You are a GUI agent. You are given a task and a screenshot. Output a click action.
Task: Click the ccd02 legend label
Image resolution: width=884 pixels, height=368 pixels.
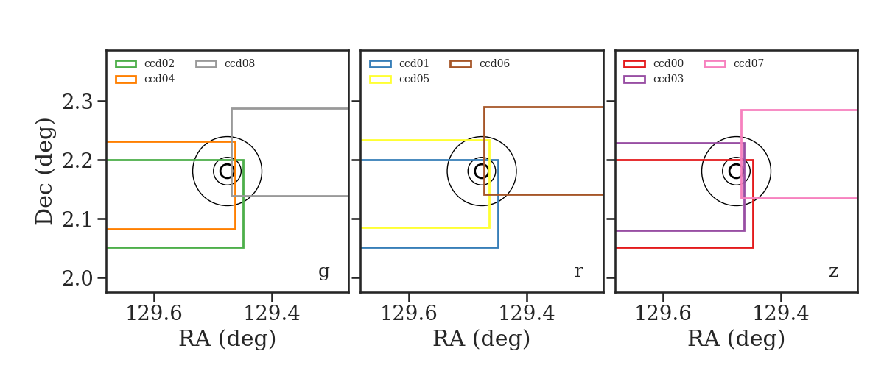point(159,63)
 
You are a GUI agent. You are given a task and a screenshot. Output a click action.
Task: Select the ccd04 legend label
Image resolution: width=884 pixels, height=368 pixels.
point(159,79)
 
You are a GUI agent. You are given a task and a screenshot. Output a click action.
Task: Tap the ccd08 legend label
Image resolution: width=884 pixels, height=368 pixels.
point(239,63)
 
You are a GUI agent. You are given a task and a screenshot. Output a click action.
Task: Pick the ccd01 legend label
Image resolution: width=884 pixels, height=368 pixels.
point(414,63)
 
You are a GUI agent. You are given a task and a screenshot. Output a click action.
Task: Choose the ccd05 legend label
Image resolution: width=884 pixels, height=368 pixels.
point(414,79)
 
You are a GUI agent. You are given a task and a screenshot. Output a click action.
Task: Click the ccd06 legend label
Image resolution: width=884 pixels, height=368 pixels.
point(494,63)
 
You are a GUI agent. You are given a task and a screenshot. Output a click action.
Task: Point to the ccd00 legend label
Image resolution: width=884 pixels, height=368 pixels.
point(669,63)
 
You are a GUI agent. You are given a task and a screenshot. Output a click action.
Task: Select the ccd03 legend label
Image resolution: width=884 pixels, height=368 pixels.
point(669,79)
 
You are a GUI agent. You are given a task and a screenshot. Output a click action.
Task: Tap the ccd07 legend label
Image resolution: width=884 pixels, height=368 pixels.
point(748,63)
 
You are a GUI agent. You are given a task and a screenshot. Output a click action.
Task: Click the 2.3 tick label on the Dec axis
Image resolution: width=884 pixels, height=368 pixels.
point(77,102)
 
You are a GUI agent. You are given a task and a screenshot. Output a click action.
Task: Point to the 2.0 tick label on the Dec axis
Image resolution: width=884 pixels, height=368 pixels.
point(77,278)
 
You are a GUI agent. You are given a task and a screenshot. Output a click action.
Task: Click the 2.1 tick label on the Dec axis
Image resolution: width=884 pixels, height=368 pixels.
point(77,219)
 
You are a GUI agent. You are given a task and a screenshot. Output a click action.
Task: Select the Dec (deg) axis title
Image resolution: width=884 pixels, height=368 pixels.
point(43,171)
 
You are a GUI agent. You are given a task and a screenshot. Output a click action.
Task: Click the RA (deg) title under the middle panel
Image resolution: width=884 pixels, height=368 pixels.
point(482,339)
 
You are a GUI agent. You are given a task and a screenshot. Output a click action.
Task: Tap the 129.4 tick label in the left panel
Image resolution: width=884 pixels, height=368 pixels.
point(272,314)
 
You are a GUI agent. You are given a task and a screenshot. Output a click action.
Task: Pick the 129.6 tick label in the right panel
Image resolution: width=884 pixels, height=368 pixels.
point(663,314)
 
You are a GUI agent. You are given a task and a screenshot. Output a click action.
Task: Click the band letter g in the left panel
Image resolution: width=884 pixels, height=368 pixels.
point(323,272)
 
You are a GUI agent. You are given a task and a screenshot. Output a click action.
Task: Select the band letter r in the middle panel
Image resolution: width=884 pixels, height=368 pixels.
point(578,272)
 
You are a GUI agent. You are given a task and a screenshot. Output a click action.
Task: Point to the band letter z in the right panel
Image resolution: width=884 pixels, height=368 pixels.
point(833,272)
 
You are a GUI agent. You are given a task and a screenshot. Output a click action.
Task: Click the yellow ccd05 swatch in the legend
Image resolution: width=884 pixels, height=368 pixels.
point(380,79)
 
